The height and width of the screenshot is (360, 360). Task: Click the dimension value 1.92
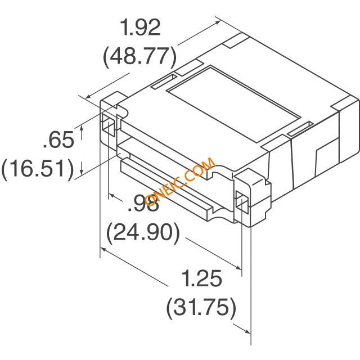coord(141,28)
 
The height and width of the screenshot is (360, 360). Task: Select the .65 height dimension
coord(58,139)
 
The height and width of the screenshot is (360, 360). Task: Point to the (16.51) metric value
coord(38,168)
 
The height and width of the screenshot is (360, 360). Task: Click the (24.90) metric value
coord(143,232)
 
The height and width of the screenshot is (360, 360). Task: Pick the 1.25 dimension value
coord(202,278)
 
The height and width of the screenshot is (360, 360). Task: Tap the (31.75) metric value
coord(201,308)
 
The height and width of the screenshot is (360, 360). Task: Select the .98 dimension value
coord(143,202)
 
